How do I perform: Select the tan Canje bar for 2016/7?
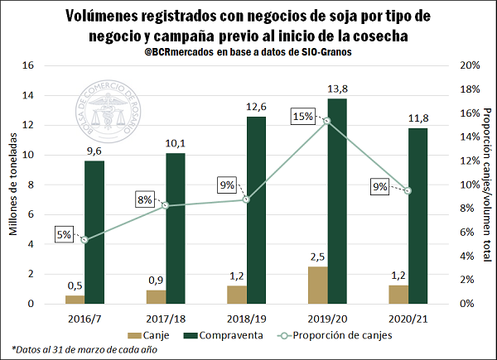[75, 299]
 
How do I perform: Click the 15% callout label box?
[302, 117]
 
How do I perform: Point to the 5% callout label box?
[65, 234]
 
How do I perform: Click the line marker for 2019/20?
[327, 121]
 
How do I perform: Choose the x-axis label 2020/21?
[409, 318]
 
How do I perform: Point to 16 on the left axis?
[29, 66]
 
